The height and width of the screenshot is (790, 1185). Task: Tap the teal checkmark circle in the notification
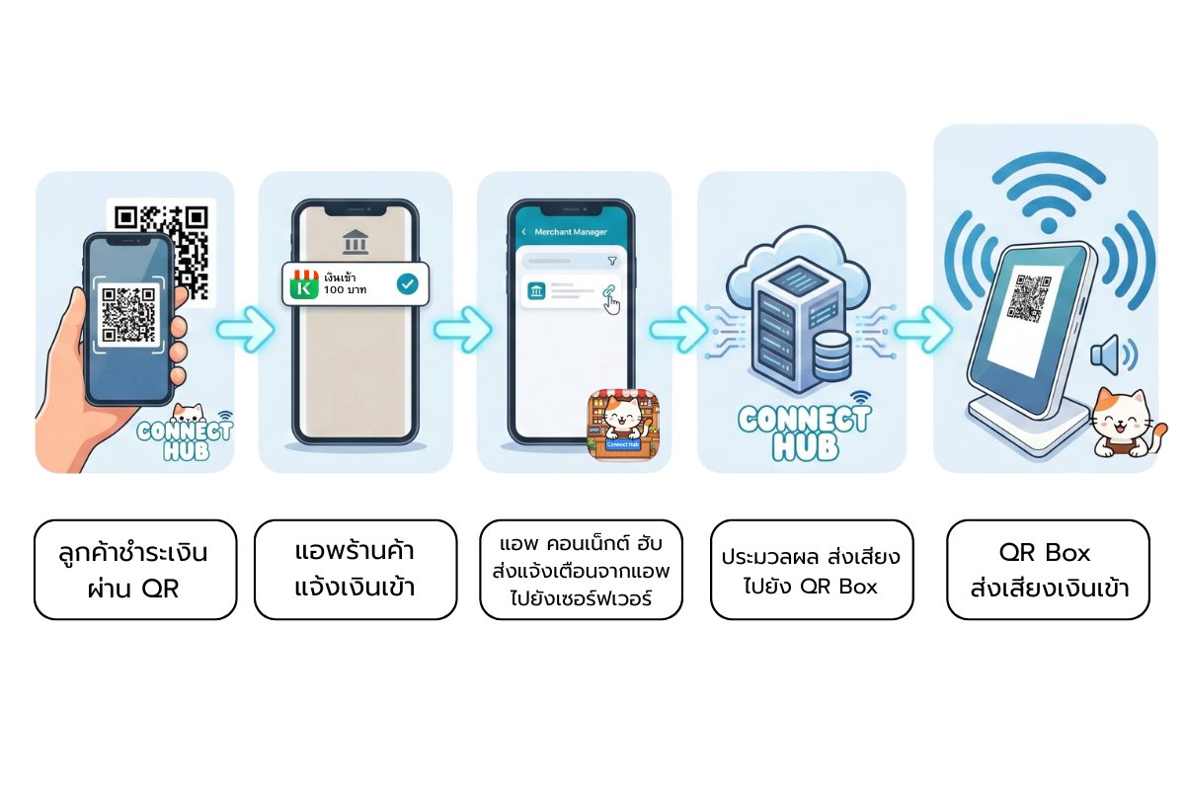point(406,284)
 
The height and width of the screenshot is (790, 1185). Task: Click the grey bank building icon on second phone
point(354,242)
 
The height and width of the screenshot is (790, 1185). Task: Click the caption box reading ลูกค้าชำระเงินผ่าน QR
point(135,569)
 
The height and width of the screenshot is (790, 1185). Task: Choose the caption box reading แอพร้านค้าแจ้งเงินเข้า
point(355,569)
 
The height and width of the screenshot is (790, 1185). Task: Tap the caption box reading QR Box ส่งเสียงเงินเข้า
point(1048,570)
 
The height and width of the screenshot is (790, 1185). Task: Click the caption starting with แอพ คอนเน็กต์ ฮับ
point(581,570)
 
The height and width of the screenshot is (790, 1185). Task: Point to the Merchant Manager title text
point(570,232)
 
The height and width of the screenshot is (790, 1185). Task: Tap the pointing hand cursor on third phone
point(612,304)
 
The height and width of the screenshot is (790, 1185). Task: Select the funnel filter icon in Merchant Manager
point(612,261)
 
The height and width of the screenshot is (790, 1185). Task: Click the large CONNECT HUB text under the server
point(803,432)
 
